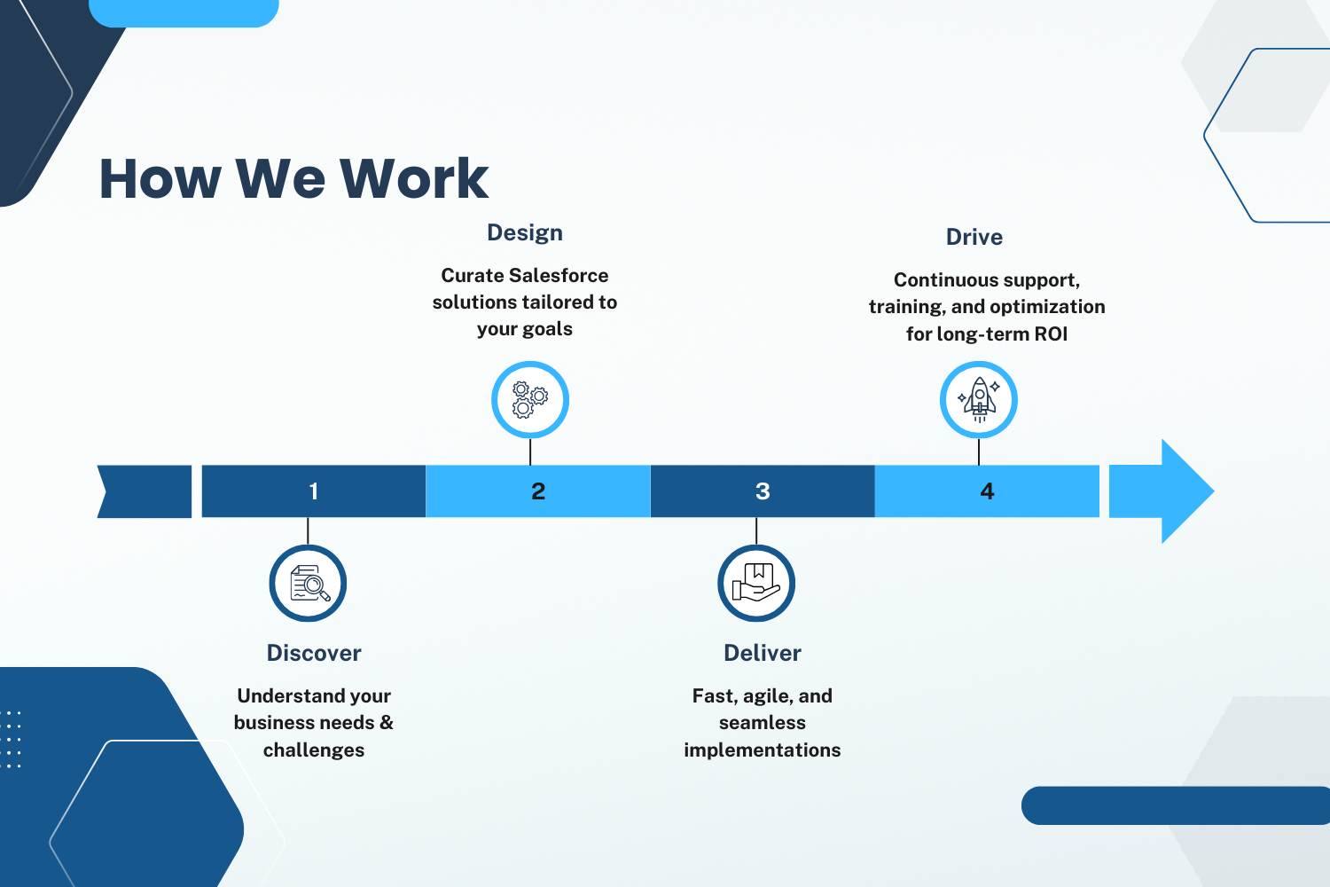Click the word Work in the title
point(414,178)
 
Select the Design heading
point(525,233)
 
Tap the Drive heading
point(974,237)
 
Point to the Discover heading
point(314,653)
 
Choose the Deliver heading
point(763,653)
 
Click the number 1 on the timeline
point(314,491)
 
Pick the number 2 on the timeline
point(538,491)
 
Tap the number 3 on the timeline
point(763,491)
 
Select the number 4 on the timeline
point(987,491)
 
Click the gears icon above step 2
point(530,400)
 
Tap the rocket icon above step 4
point(979,400)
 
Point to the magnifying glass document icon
point(309,583)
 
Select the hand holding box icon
point(755,582)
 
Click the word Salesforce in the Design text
point(558,276)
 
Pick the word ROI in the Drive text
point(1051,334)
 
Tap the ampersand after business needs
point(387,722)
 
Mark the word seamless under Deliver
point(763,723)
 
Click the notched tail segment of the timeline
point(145,491)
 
